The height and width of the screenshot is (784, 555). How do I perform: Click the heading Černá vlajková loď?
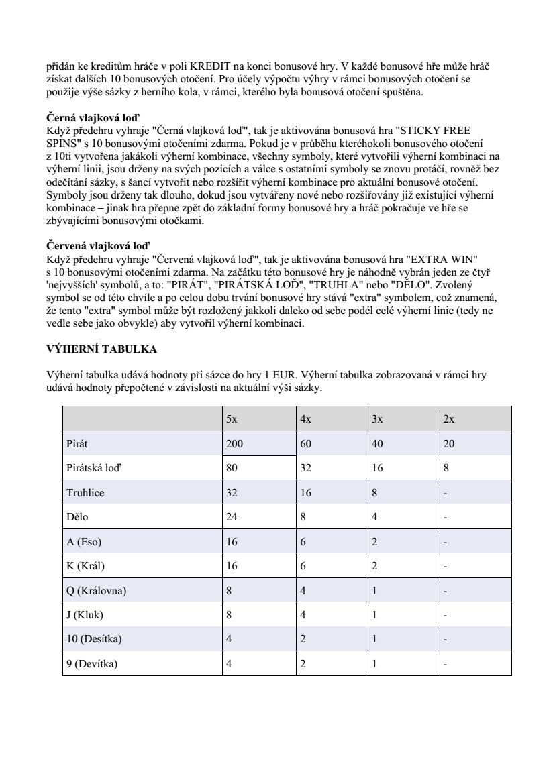(x=93, y=118)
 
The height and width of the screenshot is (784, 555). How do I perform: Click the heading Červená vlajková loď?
(x=97, y=245)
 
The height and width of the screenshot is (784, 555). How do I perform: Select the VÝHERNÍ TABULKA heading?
(x=101, y=349)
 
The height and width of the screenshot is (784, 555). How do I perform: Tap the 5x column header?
(x=232, y=419)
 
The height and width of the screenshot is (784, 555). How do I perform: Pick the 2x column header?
(x=449, y=419)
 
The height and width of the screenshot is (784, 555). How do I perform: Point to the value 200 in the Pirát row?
(x=234, y=444)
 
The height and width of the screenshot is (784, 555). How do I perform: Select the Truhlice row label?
(x=85, y=493)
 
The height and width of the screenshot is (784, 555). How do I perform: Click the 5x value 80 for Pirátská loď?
(x=232, y=468)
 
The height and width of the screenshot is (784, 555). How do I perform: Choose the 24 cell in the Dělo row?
(x=232, y=517)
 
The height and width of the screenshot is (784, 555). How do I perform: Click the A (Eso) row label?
(x=84, y=542)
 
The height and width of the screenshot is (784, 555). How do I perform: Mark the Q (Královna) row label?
(x=97, y=591)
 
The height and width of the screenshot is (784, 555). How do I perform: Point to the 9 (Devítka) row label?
(x=92, y=664)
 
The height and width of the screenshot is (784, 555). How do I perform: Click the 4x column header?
(x=305, y=419)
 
